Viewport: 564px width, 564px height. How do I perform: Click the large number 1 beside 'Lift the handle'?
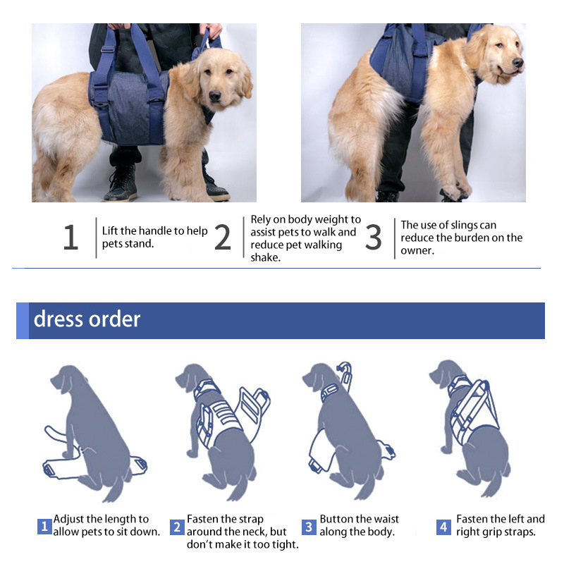coord(70,238)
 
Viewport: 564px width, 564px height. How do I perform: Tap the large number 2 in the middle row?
coord(223,238)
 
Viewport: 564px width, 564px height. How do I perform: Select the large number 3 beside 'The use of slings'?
coord(373,238)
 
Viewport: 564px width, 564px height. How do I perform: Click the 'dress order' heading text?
coord(87,319)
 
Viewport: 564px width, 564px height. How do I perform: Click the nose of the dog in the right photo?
coord(518,63)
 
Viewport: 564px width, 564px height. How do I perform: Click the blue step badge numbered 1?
coord(44,527)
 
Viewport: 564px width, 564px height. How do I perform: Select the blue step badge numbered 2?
coord(177,527)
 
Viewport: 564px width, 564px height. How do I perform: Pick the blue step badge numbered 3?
coord(309,527)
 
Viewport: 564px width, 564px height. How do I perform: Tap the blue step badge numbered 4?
coord(443,527)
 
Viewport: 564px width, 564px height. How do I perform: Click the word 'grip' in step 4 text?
coord(494,532)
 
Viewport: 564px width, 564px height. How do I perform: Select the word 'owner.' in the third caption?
coord(417,250)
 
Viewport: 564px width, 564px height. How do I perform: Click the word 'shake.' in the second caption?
coord(265,257)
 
